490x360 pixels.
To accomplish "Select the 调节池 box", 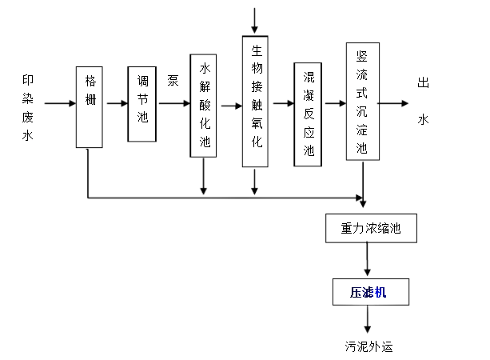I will coord(141,103).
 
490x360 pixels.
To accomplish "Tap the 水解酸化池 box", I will coord(204,105).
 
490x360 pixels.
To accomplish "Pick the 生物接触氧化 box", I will coord(254,101).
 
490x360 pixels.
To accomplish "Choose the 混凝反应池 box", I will coord(309,113).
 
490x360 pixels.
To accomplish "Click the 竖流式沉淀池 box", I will coord(362,102).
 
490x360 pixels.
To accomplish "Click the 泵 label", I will coord(173,80).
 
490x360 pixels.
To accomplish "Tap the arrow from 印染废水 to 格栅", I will coord(60,104).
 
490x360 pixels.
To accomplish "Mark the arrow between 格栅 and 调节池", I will coord(116,104).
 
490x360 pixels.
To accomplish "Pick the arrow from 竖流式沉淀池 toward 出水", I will coord(394,102).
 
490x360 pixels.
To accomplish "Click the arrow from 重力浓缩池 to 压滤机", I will coord(368,258).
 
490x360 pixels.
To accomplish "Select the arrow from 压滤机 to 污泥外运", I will coord(368,320).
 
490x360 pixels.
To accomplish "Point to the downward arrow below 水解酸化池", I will coord(204,176).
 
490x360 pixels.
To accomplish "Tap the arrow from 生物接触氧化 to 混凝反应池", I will coord(281,105).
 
